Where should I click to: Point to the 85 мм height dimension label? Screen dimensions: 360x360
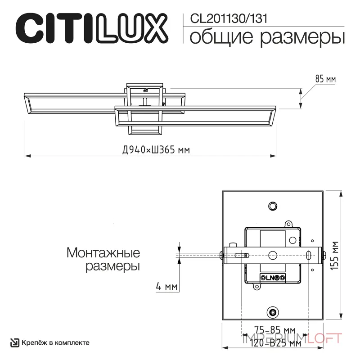click(325, 79)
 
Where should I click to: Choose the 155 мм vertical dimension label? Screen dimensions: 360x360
click(334, 255)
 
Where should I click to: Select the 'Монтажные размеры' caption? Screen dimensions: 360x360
click(103, 259)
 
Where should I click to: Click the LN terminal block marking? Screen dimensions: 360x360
click(272, 278)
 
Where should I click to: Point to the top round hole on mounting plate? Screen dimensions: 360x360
click(272, 206)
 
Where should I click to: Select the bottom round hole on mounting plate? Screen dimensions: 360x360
click(272, 312)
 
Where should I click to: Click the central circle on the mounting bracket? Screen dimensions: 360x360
click(272, 255)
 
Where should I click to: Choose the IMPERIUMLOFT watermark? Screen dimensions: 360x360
click(292, 337)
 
